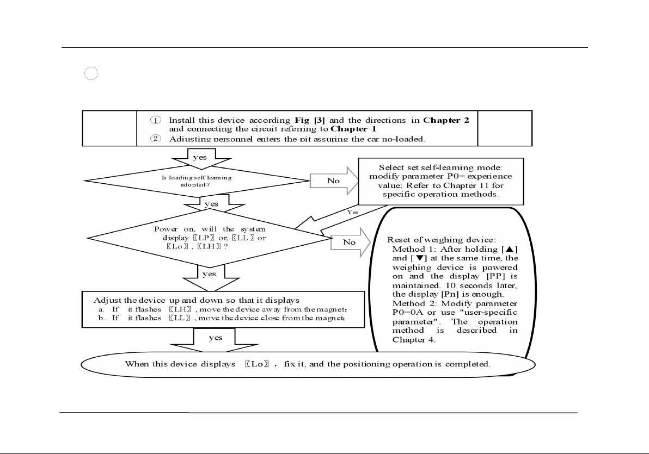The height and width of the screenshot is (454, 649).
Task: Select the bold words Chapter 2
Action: [446, 120]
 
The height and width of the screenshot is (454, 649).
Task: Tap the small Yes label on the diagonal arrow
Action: [353, 212]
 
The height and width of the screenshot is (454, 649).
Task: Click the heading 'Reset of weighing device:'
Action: [433, 239]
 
